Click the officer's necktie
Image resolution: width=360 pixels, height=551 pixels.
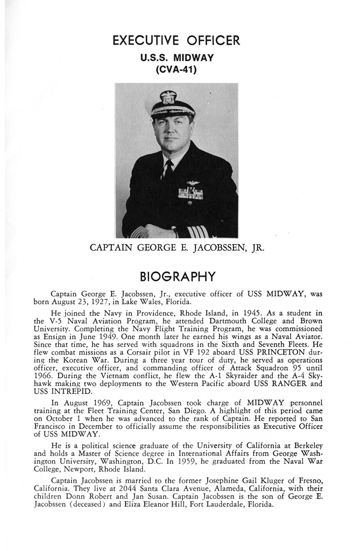168,171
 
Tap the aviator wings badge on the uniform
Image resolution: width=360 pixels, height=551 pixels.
193,185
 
